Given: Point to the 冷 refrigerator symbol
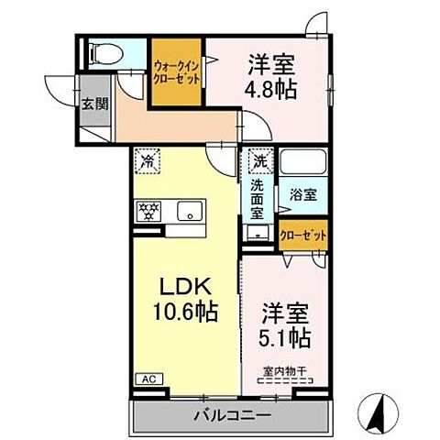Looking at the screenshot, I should [148, 161].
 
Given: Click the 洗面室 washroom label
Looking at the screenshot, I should [258, 198].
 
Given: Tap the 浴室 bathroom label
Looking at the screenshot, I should [304, 194].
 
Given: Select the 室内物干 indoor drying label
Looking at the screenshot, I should [283, 372].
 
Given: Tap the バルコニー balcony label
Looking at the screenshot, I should [232, 416].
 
